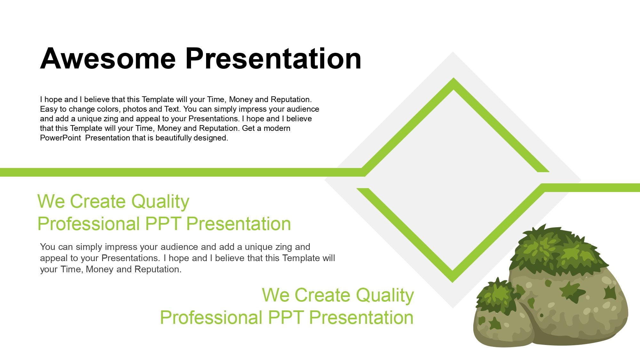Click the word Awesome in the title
108,58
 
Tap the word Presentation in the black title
273,58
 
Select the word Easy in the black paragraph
49,109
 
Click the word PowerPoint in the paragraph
60,138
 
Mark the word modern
277,128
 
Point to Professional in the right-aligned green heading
211,318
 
